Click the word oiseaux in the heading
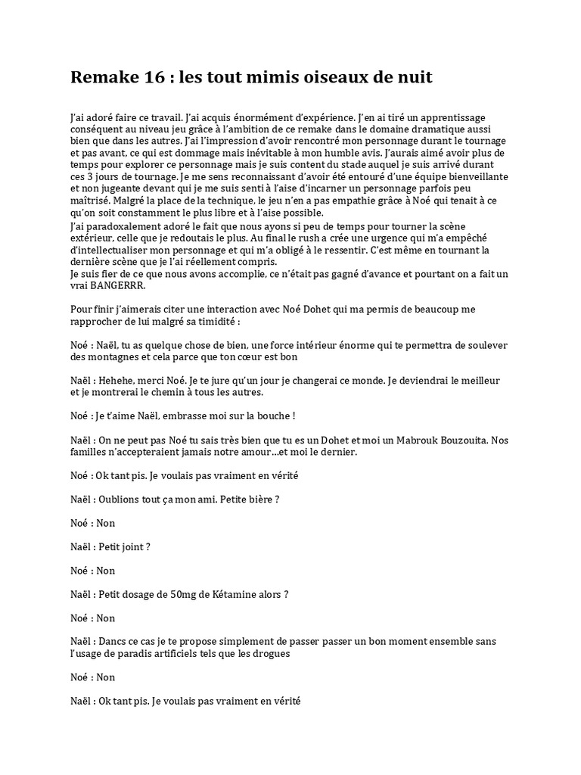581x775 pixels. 325,77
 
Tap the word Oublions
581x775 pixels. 120,500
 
